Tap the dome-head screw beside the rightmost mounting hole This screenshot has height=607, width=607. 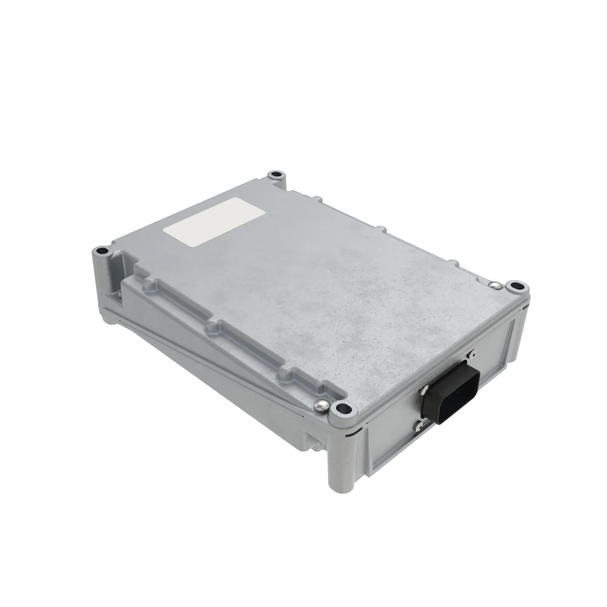(494, 285)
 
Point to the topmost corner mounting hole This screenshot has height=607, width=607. (276, 174)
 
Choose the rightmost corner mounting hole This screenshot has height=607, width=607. (516, 286)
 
